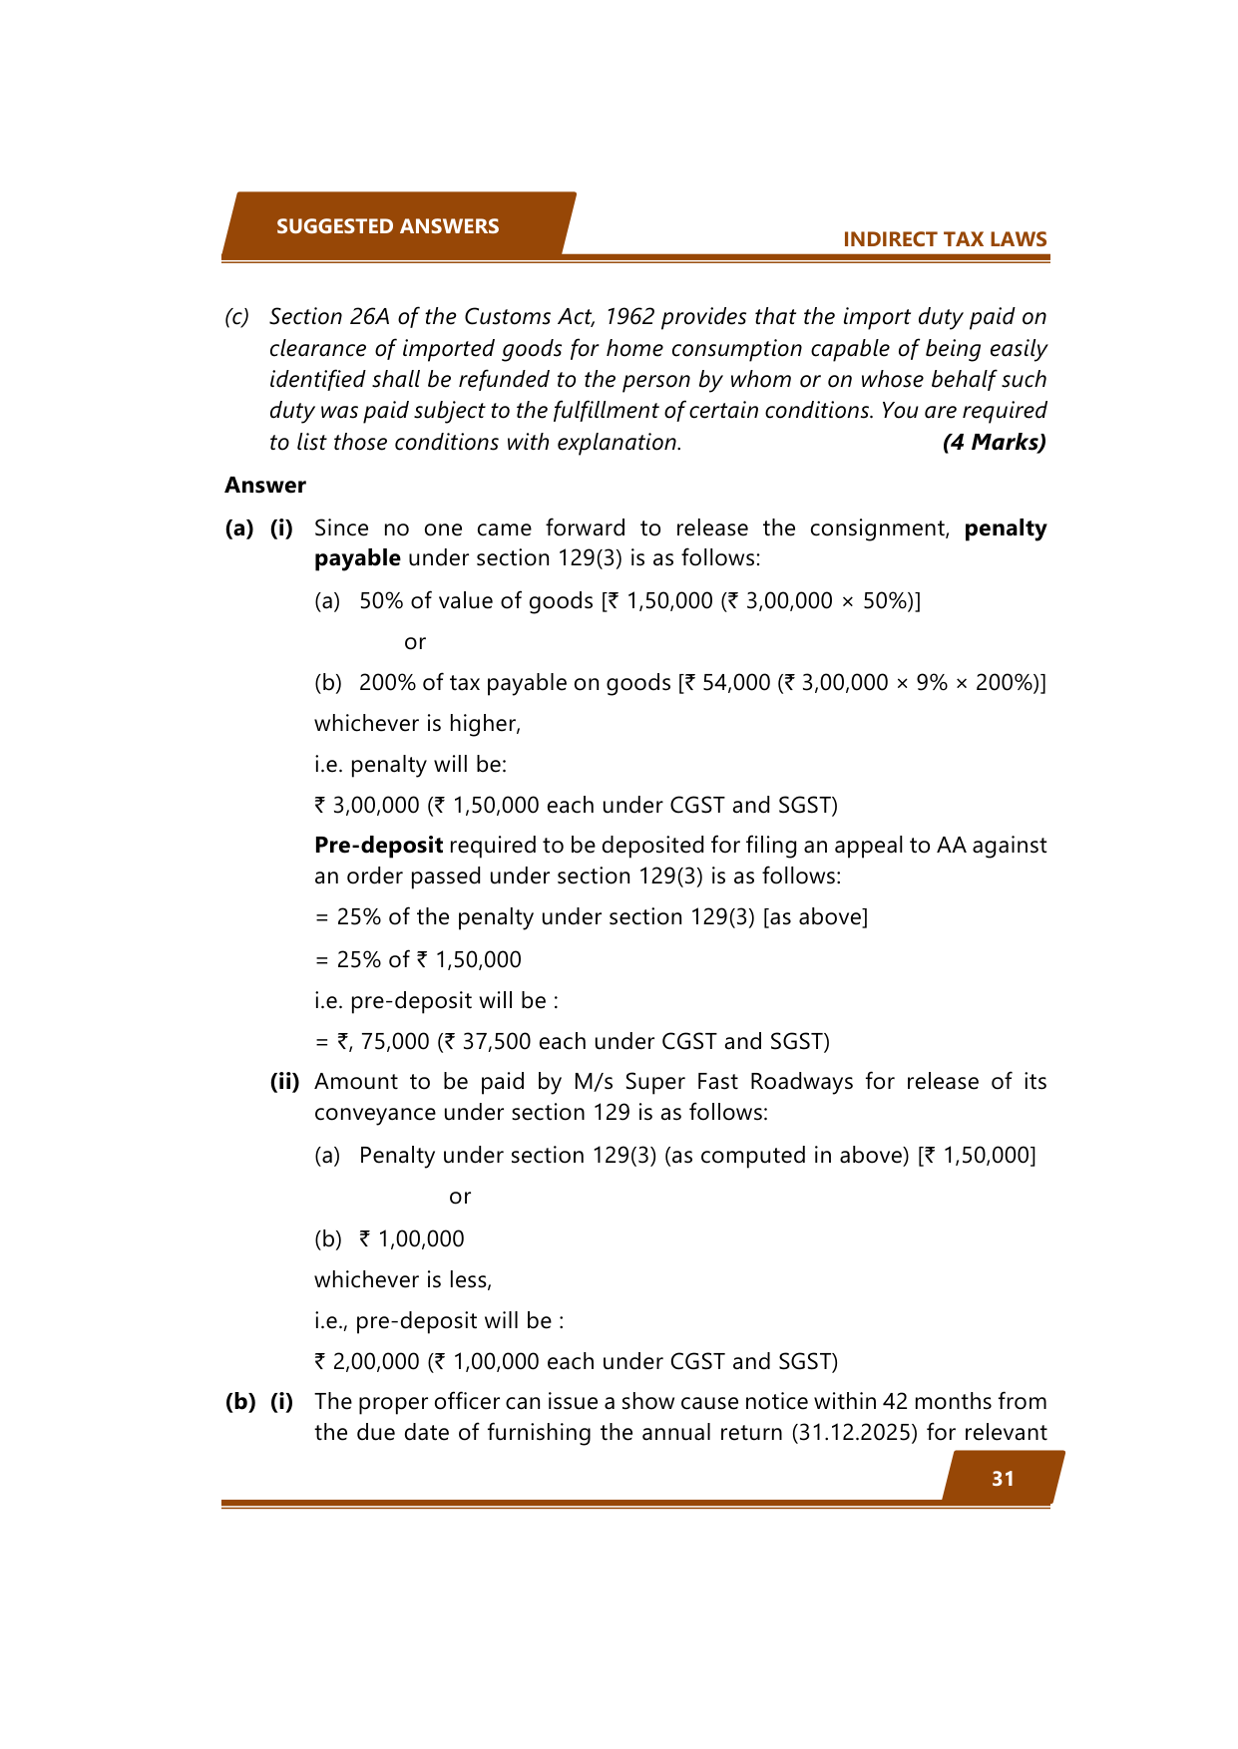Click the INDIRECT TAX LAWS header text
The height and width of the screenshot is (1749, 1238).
[944, 239]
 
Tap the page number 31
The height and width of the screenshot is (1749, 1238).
[1003, 1479]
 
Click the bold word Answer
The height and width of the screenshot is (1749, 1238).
[264, 486]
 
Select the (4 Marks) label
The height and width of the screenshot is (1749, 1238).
[994, 442]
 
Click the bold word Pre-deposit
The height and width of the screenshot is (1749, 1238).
[378, 846]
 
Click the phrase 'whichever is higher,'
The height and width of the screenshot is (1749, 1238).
[417, 724]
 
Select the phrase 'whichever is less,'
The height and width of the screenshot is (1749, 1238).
[403, 1279]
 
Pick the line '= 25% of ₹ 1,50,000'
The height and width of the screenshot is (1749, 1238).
[418, 959]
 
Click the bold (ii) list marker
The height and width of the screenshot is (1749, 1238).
[284, 1082]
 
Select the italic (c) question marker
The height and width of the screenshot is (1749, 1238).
[236, 317]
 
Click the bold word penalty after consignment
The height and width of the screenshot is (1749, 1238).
[1005, 528]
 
